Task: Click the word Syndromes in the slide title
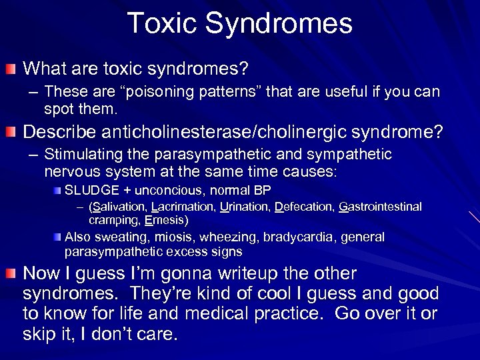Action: (x=279, y=24)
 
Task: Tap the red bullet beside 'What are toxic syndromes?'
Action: (x=11, y=69)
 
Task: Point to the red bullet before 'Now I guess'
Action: (x=11, y=275)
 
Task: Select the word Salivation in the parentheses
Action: (x=121, y=207)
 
